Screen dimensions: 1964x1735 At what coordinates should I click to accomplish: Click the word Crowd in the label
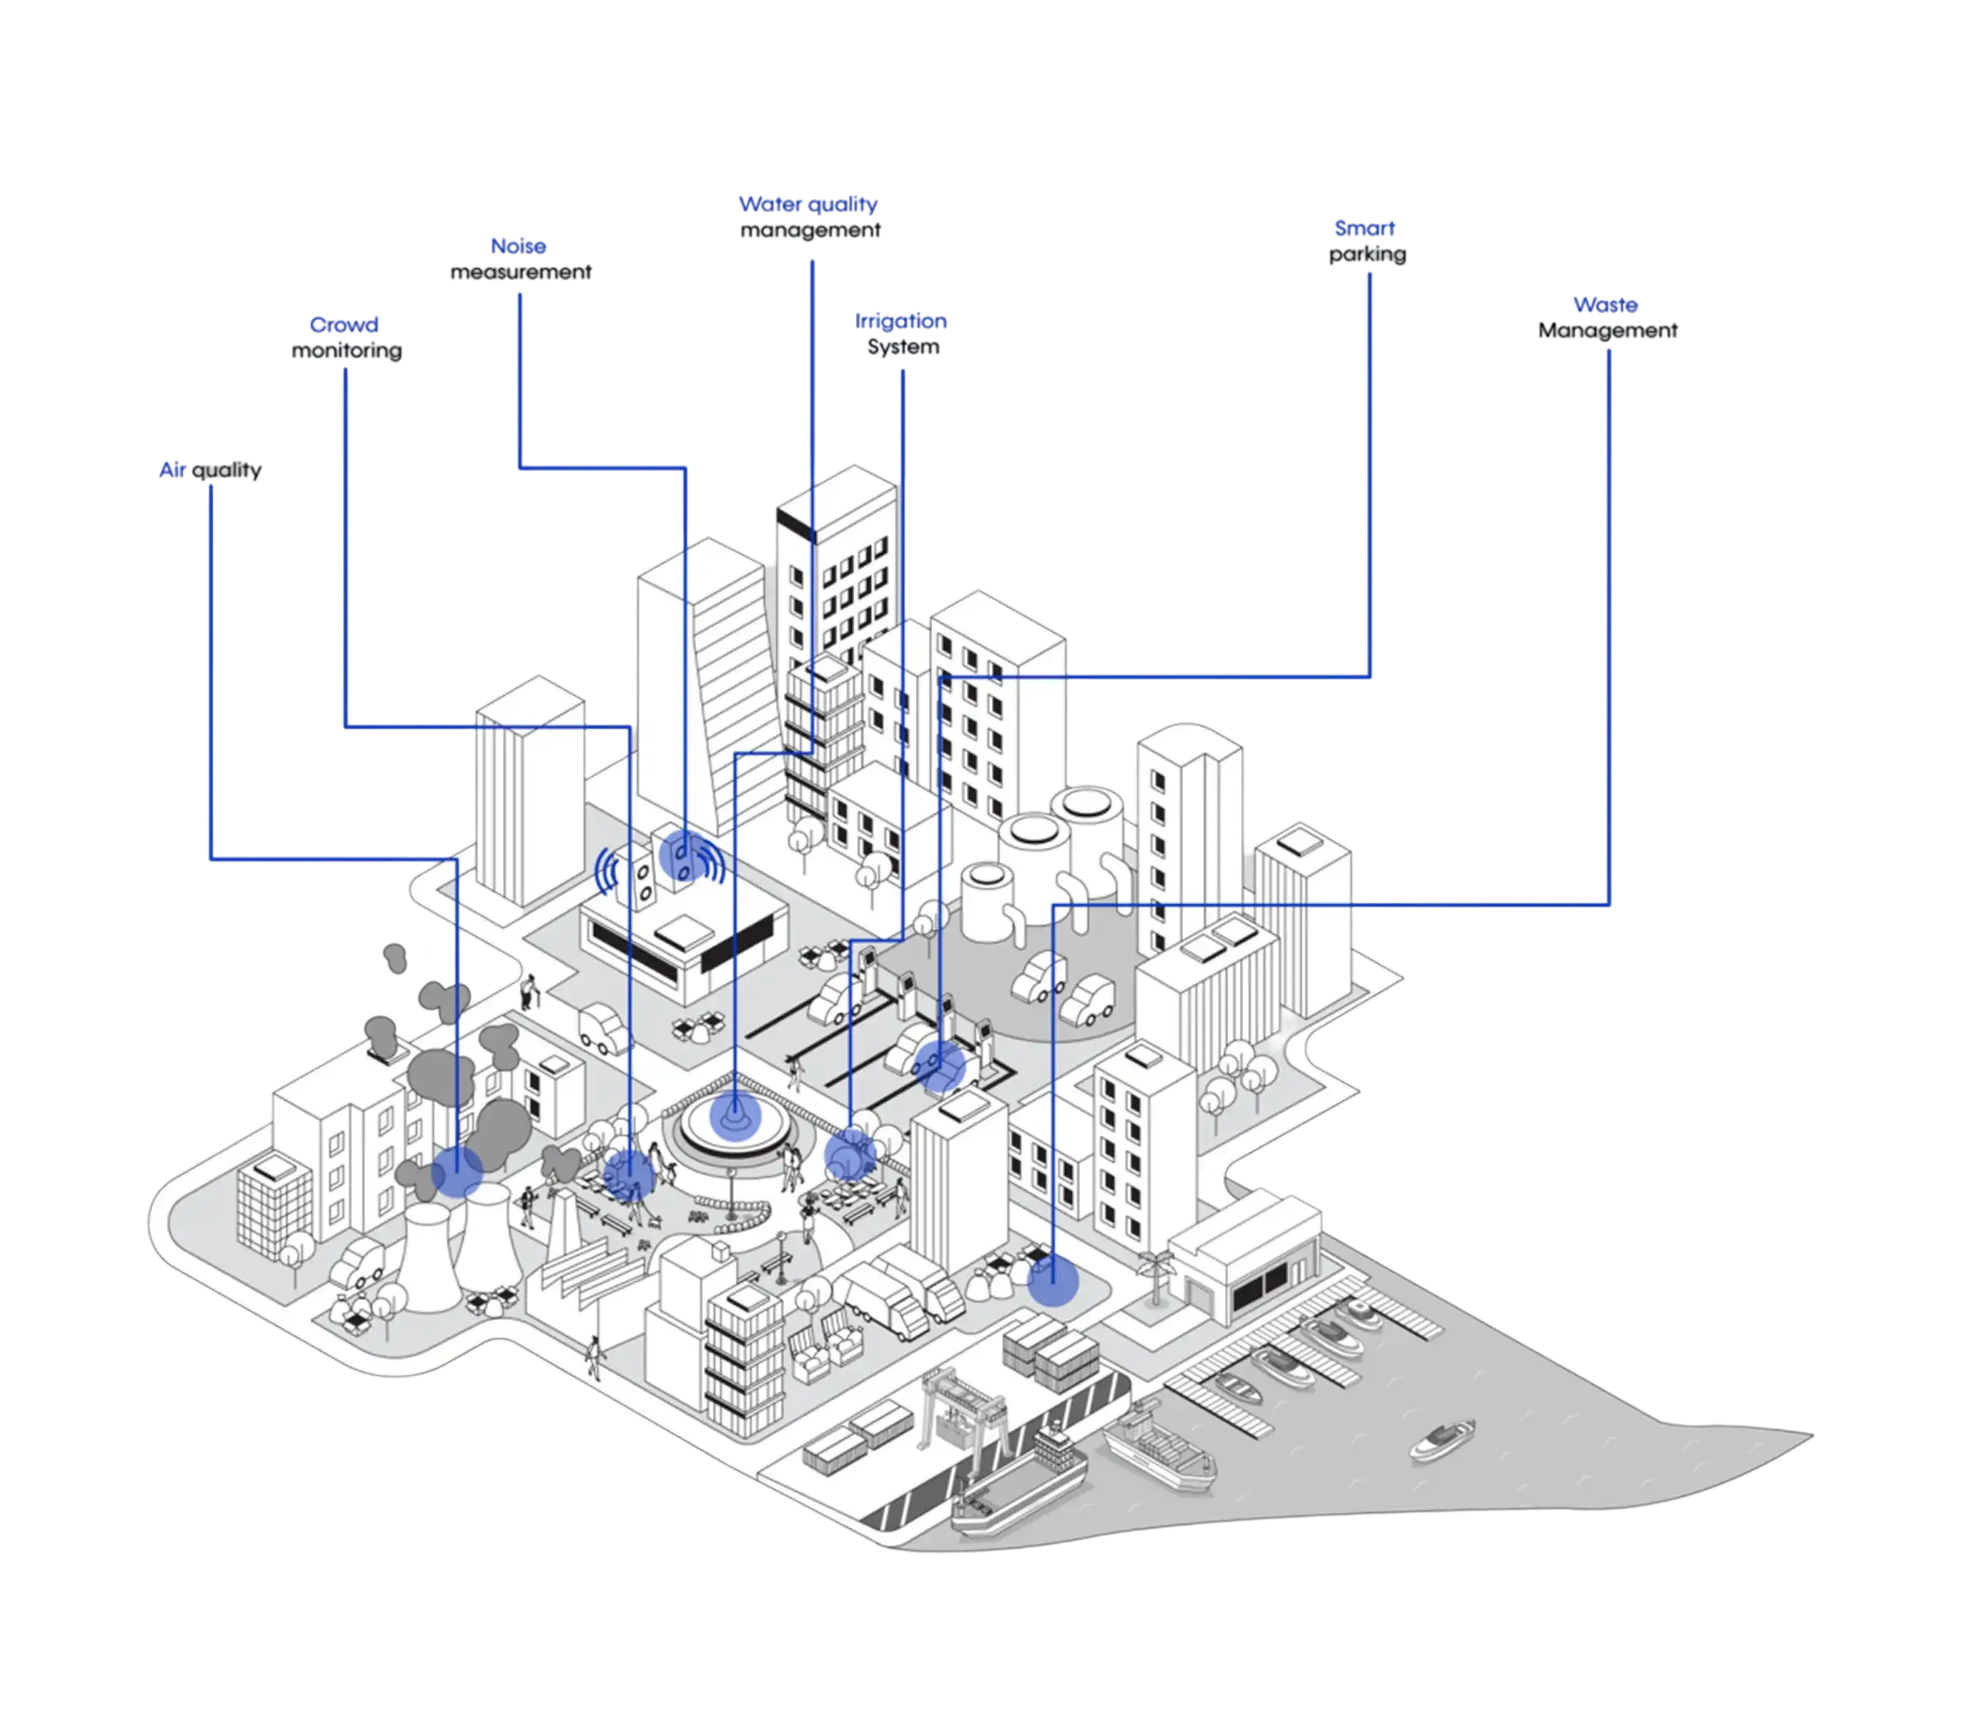click(x=344, y=325)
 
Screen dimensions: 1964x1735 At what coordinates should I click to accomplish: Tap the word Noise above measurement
click(x=518, y=246)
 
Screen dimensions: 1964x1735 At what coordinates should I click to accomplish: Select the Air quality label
click(x=210, y=470)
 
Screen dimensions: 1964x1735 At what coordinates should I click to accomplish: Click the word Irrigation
click(x=901, y=321)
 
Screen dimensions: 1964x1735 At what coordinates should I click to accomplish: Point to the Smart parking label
click(x=1366, y=241)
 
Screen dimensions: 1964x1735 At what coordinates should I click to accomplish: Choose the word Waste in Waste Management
click(x=1606, y=304)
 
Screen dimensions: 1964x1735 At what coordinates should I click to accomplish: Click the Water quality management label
click(x=809, y=217)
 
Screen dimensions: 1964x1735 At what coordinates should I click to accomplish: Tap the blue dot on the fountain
click(x=735, y=1116)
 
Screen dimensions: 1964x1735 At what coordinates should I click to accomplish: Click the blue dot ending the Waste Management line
click(x=1054, y=1282)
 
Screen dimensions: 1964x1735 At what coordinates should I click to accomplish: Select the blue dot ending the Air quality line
click(x=456, y=1171)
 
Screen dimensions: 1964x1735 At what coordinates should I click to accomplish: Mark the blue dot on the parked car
click(x=939, y=1065)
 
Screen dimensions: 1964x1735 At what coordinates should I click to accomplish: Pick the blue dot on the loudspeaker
click(x=685, y=854)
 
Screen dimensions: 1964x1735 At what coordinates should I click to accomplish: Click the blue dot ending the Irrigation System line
click(x=851, y=1154)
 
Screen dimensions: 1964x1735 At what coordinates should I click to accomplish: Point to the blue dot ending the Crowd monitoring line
click(x=629, y=1174)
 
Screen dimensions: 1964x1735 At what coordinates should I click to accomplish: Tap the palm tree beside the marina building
click(x=1156, y=1277)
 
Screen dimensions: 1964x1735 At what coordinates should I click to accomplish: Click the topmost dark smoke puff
click(x=395, y=957)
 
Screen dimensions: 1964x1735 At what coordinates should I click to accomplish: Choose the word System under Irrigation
click(x=903, y=347)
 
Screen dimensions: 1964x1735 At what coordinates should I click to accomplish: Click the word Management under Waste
click(x=1607, y=331)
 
